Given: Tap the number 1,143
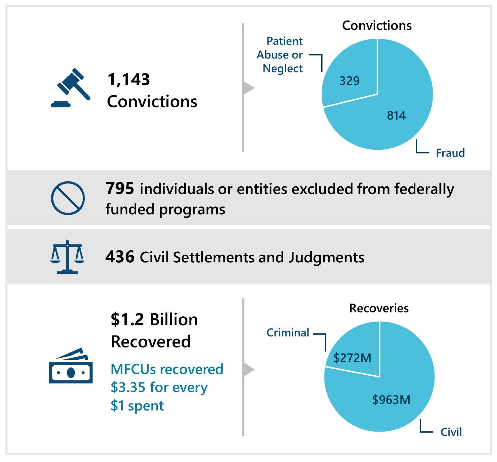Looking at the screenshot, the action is (x=129, y=80).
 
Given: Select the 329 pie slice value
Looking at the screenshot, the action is (x=349, y=81).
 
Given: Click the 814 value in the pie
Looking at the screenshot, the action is (x=396, y=115).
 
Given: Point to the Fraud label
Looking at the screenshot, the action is (x=450, y=153).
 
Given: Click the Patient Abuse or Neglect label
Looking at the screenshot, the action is (x=280, y=55).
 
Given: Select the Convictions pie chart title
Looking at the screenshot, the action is (x=377, y=25).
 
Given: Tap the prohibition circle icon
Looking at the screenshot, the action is (x=68, y=198).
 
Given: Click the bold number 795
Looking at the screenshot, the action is (x=120, y=188).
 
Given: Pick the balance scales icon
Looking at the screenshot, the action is (x=67, y=257).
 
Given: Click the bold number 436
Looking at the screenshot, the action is (x=120, y=257).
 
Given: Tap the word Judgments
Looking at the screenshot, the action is (x=326, y=258).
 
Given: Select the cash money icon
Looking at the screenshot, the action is (x=71, y=366).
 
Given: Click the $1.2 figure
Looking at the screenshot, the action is (x=127, y=319).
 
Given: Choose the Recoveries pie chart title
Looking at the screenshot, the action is (x=379, y=308).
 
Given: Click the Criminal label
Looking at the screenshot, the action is (x=288, y=333).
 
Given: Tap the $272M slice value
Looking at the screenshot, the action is (x=352, y=358).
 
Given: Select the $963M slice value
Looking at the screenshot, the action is (x=391, y=400).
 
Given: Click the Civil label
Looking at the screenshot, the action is (x=451, y=432).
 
